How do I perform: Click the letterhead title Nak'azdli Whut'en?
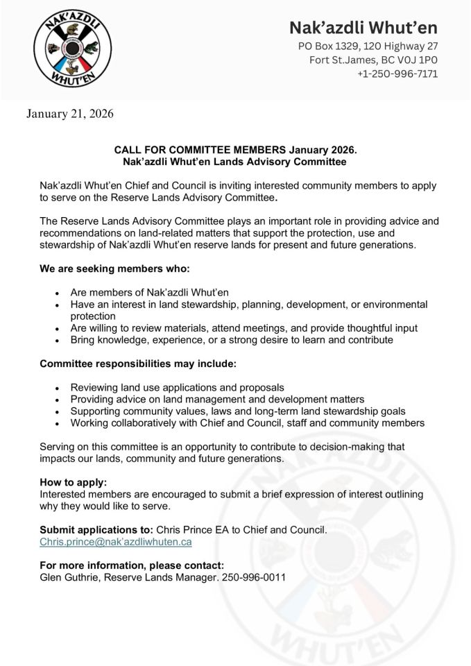[363, 28]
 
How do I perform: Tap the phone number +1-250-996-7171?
[397, 74]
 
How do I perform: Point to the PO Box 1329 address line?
[368, 46]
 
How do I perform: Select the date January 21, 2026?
[70, 113]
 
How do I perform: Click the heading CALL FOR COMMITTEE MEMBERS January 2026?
[235, 149]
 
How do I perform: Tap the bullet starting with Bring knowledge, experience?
[232, 340]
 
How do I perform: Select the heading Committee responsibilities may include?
[137, 364]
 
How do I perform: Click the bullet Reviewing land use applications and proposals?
[177, 387]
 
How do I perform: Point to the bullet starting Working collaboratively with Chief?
[248, 422]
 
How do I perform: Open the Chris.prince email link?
[116, 542]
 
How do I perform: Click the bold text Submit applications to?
[96, 530]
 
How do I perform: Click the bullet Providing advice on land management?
[217, 399]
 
